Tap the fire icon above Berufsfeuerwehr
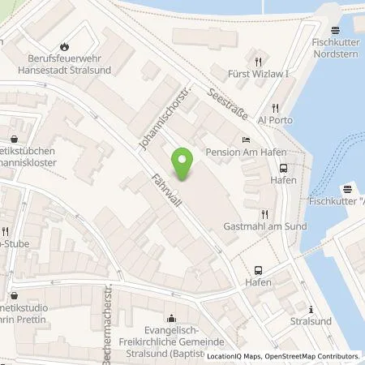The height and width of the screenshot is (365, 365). (65, 47)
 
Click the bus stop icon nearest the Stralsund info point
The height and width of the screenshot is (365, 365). (258, 270)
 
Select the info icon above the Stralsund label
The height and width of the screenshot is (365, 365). (311, 308)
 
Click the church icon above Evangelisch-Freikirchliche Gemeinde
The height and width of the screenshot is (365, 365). (171, 317)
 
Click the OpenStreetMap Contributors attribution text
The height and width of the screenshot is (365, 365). (313, 356)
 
